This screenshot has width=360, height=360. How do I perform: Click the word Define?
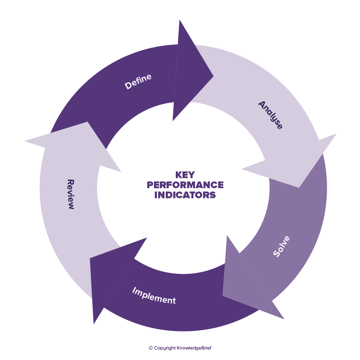[x=138, y=81]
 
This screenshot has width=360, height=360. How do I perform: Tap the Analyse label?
[x=271, y=115]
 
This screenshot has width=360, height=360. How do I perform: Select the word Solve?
[x=282, y=246]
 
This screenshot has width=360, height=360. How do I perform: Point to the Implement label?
[x=154, y=295]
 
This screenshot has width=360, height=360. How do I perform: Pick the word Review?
[x=70, y=194]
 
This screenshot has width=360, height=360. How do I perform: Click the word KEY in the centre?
[x=185, y=175]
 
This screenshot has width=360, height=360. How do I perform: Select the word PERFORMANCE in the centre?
[x=185, y=185]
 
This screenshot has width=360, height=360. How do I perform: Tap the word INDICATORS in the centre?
[x=185, y=195]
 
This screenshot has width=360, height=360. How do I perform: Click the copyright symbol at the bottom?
[x=151, y=348]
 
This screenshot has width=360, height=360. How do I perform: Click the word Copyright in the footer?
[x=165, y=348]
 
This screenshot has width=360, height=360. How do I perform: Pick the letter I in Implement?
[x=134, y=290]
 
